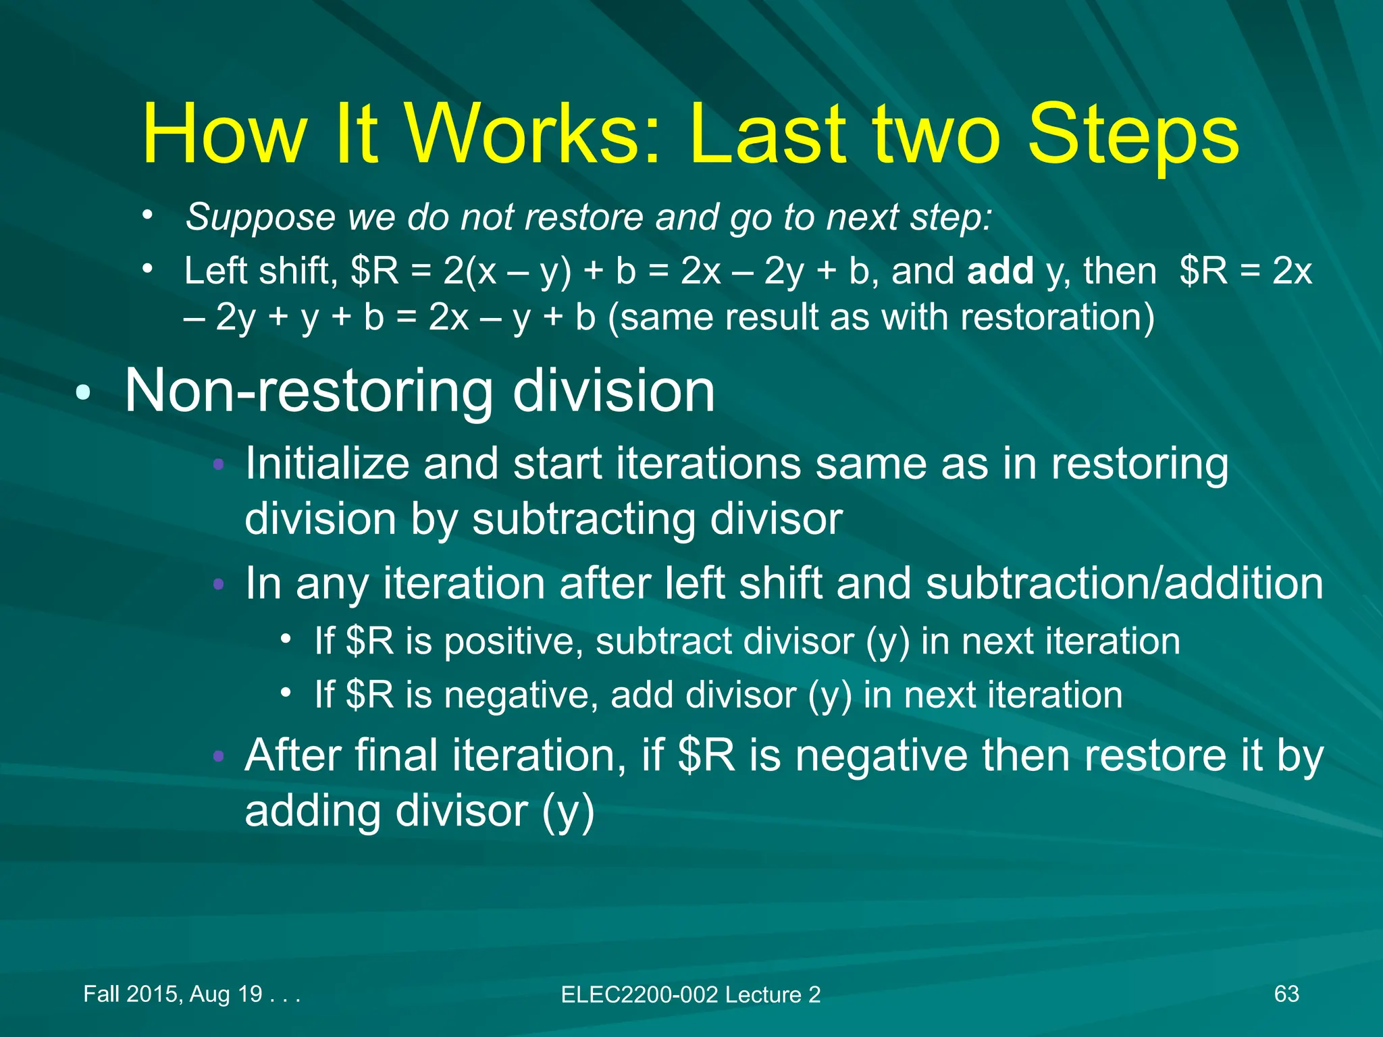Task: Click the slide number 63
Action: (x=1286, y=994)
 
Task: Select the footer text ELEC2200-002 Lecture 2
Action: (x=690, y=994)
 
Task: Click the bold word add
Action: (x=1000, y=271)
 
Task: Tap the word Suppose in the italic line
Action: (x=261, y=217)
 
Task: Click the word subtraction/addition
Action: (x=1124, y=583)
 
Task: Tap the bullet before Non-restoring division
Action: (x=82, y=394)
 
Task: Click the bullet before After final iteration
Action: (x=218, y=755)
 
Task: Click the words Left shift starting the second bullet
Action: (x=260, y=271)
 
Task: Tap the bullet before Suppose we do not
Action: (x=147, y=215)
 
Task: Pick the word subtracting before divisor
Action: (x=584, y=519)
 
